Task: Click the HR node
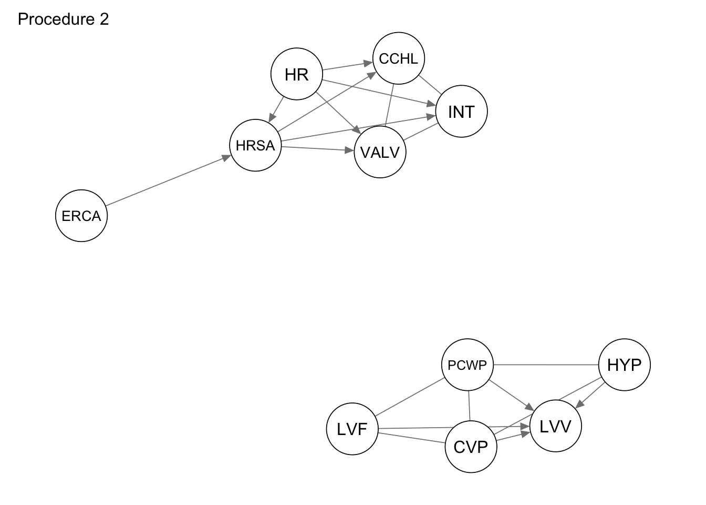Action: [x=296, y=74]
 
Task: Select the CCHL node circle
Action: [x=398, y=58]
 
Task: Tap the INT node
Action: [x=461, y=112]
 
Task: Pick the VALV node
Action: [x=380, y=153]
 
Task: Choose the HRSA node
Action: [x=255, y=145]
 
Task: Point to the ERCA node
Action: [x=81, y=216]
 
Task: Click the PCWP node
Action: [x=468, y=365]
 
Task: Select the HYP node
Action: [x=624, y=365]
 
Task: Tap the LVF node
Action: [x=352, y=429]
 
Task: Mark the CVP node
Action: [x=471, y=447]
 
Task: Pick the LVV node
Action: [x=555, y=426]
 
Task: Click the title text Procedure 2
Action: [x=63, y=19]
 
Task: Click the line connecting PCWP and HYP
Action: [x=546, y=365]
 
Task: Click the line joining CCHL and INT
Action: [x=430, y=85]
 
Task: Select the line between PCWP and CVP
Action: [x=469, y=406]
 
